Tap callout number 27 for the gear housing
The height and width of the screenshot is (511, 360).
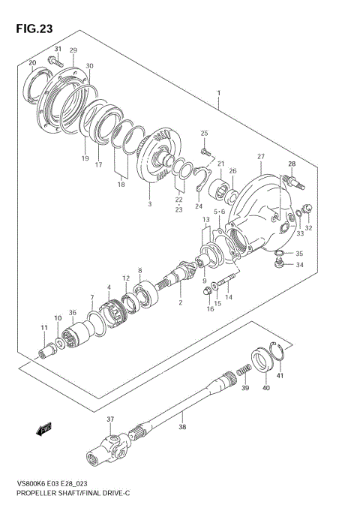[x=260, y=157]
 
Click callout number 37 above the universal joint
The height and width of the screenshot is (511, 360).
[x=109, y=419]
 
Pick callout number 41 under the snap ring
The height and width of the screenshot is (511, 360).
[x=280, y=375]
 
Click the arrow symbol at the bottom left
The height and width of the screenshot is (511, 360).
[x=43, y=430]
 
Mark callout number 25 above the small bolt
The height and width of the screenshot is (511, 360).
[x=203, y=134]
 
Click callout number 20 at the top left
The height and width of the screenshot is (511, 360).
[x=32, y=62]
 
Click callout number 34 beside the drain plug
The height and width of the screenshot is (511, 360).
[x=299, y=264]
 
